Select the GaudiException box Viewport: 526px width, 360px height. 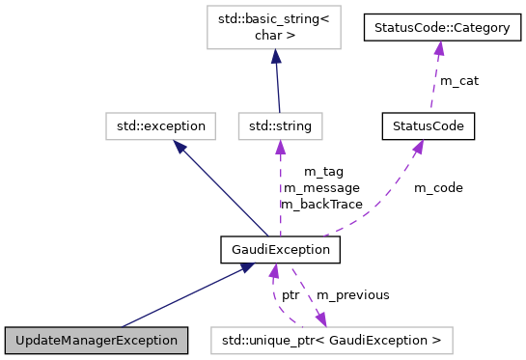pos(281,250)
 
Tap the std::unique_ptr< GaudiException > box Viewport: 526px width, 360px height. pos(331,340)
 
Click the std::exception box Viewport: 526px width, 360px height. pos(156,125)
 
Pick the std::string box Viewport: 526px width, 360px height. pos(280,125)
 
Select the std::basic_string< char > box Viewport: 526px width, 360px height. pos(276,28)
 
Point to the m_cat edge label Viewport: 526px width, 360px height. pos(458,81)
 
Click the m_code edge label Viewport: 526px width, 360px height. pos(438,187)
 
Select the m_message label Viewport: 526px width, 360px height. pos(321,187)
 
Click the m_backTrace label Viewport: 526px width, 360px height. pos(321,204)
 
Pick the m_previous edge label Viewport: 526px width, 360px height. pos(352,294)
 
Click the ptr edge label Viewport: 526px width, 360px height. pos(290,294)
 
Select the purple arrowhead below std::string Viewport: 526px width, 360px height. pos(280,147)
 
